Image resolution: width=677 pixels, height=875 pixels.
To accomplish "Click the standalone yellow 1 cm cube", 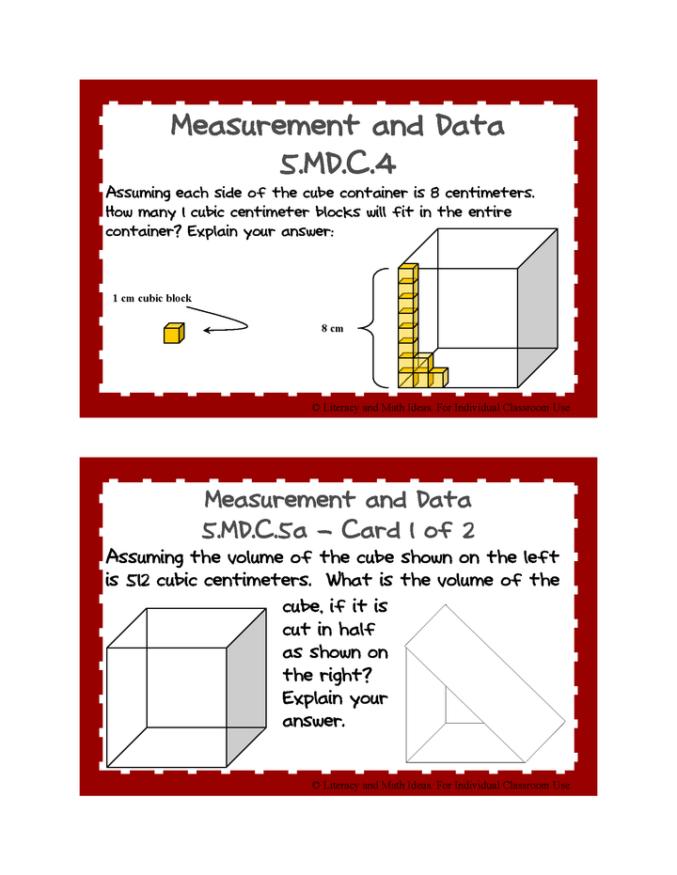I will click(x=174, y=333).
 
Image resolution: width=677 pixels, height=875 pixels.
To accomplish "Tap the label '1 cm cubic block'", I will click(x=151, y=298).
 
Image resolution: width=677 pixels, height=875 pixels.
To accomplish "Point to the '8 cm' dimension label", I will click(x=332, y=328).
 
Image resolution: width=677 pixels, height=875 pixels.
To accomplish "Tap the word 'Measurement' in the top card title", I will click(x=264, y=126).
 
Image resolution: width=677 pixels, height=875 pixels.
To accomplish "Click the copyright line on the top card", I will click(x=439, y=408).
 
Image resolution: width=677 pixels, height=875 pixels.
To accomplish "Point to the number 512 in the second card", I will click(x=137, y=581).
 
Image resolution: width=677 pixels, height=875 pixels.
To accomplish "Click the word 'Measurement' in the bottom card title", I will click(x=280, y=498).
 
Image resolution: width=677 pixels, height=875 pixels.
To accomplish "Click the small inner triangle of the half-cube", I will click(x=460, y=706).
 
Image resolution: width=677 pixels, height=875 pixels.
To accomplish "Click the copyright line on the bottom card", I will click(x=439, y=785).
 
